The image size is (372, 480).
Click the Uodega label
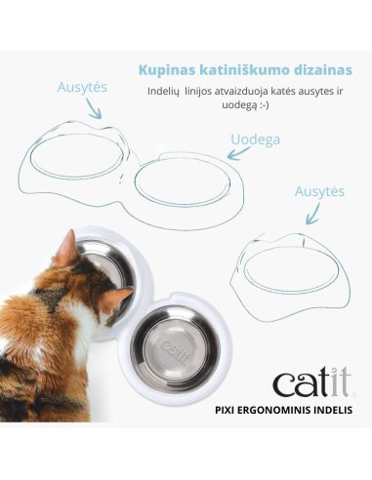255,139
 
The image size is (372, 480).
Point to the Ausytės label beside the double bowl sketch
81,88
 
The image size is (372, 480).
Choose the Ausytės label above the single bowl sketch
319,191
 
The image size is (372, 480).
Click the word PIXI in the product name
226,411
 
